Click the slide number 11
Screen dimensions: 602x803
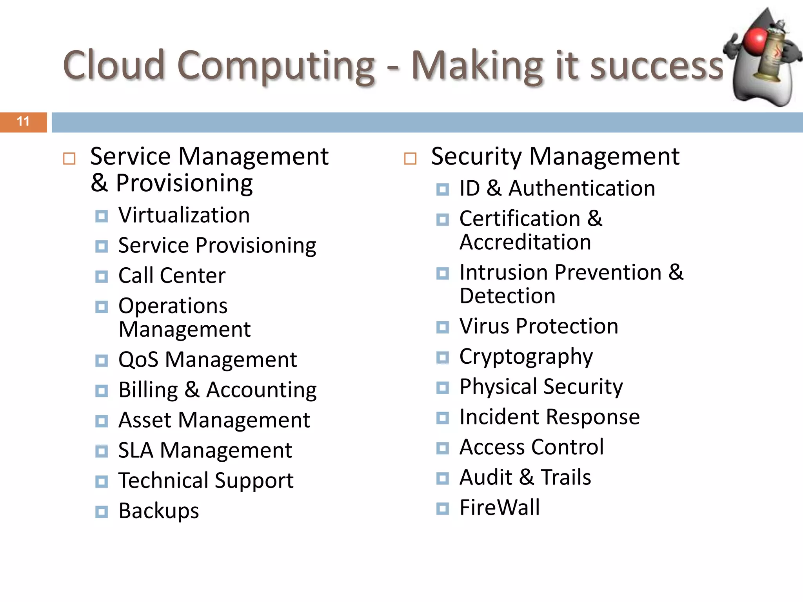pyautogui.click(x=23, y=121)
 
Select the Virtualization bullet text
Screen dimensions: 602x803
pyautogui.click(x=184, y=215)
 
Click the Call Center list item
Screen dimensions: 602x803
pyautogui.click(x=172, y=276)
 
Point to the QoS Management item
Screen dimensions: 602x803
pyautogui.click(x=207, y=360)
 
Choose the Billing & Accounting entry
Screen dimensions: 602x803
pyautogui.click(x=217, y=390)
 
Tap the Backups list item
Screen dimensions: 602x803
pyautogui.click(x=158, y=511)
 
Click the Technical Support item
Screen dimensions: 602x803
pyautogui.click(x=206, y=481)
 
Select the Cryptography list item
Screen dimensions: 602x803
pyautogui.click(x=526, y=357)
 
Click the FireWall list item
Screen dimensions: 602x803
pyautogui.click(x=500, y=508)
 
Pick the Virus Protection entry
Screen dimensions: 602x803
pyautogui.click(x=539, y=326)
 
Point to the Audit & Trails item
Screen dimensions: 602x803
pyautogui.click(x=525, y=478)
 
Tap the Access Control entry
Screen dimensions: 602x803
pyautogui.click(x=531, y=447)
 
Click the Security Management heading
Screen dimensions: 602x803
pyautogui.click(x=555, y=157)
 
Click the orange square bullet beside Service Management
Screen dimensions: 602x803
pyautogui.click(x=69, y=159)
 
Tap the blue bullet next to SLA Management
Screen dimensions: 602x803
pyautogui.click(x=102, y=451)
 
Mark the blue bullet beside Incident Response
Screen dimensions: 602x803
pyautogui.click(x=443, y=418)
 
